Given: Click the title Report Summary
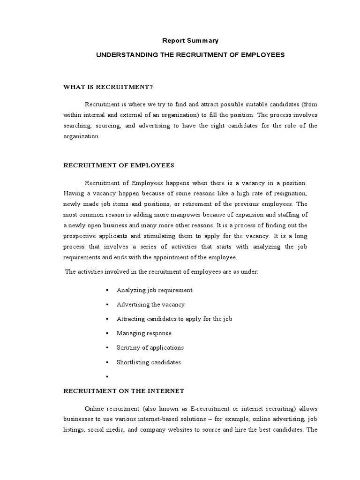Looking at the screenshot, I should (190, 41).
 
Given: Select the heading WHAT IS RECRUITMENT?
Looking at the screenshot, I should (108, 87).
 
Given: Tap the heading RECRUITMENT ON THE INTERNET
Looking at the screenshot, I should (124, 390).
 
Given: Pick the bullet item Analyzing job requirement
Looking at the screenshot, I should (154, 290).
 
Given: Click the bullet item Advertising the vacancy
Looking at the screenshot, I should (150, 304).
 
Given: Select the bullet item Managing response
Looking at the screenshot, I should (144, 333).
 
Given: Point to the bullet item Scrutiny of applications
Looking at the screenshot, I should (150, 347).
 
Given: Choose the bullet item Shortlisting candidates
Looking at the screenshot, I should (149, 362).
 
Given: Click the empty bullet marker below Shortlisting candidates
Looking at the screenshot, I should (107, 376).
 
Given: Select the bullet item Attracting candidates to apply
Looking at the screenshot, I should (174, 319).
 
